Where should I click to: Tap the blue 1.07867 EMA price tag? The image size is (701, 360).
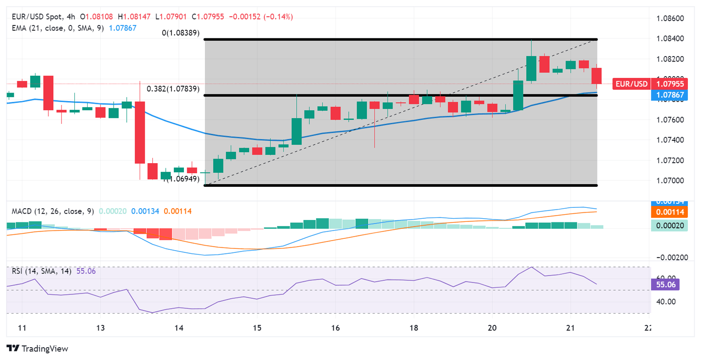pos(670,95)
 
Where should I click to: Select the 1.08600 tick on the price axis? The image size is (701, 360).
pos(670,19)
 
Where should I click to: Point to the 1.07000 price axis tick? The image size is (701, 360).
pos(670,180)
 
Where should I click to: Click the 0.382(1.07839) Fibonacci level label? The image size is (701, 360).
pos(173,89)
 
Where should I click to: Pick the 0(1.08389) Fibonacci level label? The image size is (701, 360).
pos(181,33)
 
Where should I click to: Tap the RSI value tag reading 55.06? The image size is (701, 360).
pos(665,285)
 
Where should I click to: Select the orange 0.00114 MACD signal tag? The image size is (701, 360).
pos(669,212)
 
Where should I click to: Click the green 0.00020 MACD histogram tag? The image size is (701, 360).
pos(669,226)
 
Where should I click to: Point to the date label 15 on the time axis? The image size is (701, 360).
pos(257,328)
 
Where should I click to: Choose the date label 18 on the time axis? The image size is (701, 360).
pos(414,328)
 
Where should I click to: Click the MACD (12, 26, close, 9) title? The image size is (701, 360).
pos(53,211)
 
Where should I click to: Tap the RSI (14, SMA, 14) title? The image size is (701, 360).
pos(42,271)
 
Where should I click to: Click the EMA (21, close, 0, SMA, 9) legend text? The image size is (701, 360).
pos(58,28)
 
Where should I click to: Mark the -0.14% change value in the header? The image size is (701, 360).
pos(279,17)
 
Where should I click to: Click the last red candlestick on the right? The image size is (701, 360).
pos(596,76)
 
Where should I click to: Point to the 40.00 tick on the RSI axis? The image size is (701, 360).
pos(666,301)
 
